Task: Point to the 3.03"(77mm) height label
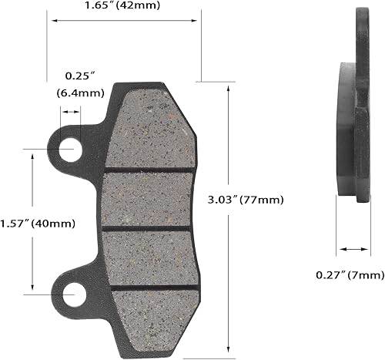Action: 246,200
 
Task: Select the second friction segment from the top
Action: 150,199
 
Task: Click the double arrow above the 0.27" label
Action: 353,249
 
